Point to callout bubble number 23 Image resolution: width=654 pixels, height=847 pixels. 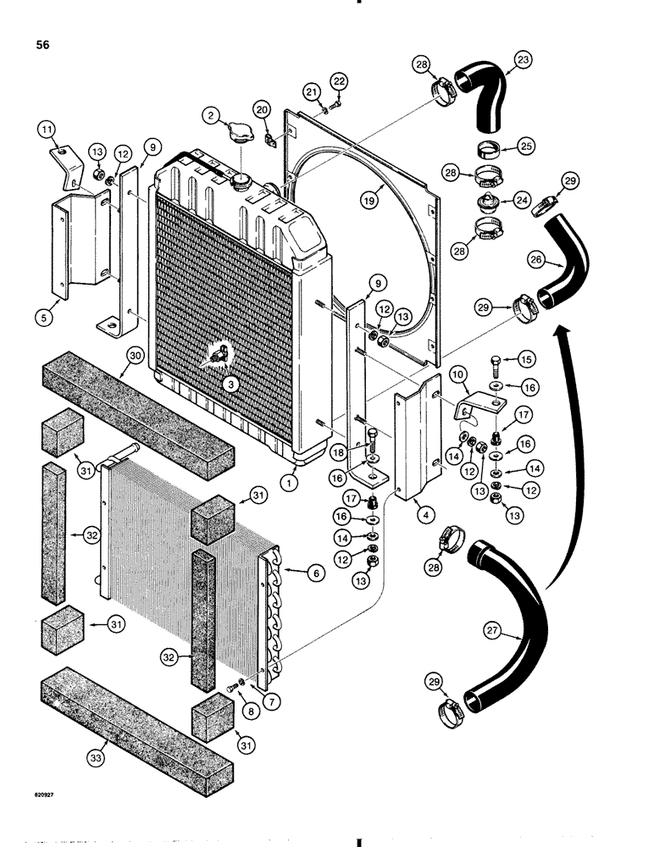click(x=523, y=60)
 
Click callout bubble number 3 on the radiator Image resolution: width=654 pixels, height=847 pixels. click(x=229, y=383)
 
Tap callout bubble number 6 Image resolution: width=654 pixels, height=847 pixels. click(x=316, y=573)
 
